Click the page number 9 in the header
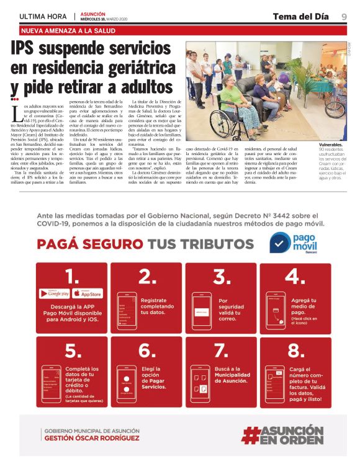pyautogui.click(x=343, y=16)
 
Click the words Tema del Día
pyautogui.click(x=300, y=16)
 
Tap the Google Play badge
pyautogui.click(x=59, y=293)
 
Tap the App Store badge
pyautogui.click(x=88, y=293)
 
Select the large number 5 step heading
pyautogui.click(x=73, y=351)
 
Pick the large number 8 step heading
pyautogui.click(x=296, y=351)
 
